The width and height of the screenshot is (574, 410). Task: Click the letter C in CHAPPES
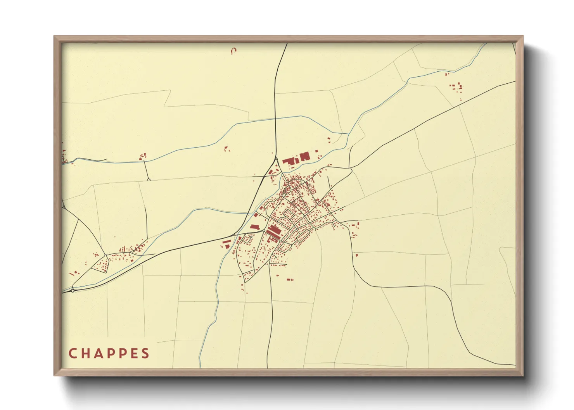72,353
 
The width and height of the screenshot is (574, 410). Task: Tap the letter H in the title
85,353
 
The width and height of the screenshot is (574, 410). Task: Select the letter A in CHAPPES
98,353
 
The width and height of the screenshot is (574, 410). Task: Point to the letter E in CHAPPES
134,353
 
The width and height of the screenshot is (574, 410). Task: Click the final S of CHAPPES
145,353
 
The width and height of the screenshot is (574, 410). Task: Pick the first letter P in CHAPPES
110,353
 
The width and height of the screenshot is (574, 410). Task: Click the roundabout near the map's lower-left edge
73,290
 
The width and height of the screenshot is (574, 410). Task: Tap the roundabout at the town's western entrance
264,231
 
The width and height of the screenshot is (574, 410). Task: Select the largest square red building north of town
305,157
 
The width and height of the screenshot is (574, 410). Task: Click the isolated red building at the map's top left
233,50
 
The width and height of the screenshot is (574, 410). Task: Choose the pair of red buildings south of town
290,279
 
